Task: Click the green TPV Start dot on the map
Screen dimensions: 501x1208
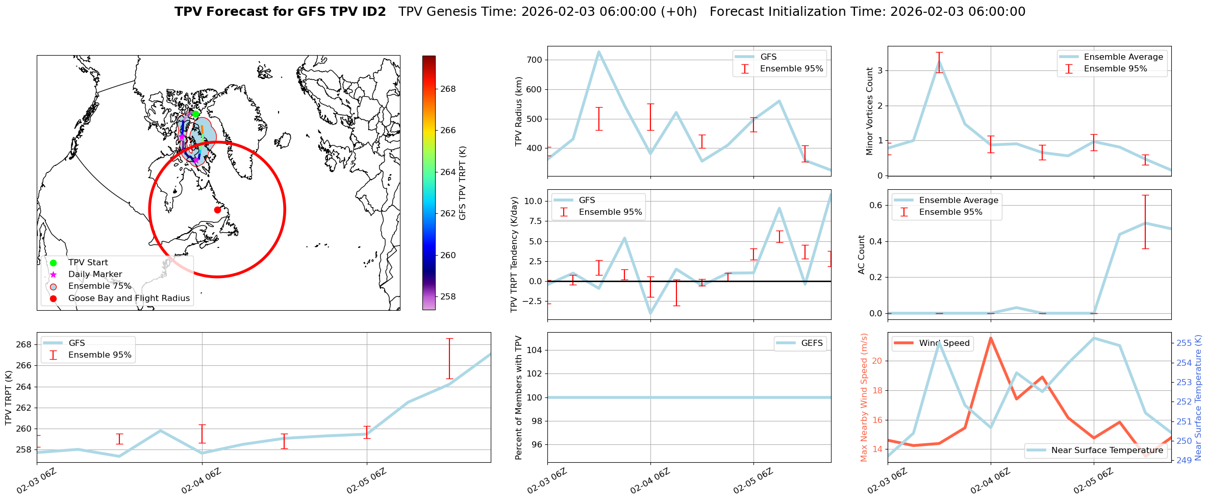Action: tap(195, 114)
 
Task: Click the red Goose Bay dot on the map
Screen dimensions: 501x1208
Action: tap(217, 210)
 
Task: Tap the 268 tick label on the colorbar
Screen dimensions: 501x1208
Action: tap(448, 89)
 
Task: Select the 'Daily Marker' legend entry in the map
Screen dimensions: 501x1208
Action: tap(95, 274)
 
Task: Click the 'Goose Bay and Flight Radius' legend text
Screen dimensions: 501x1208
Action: tap(129, 298)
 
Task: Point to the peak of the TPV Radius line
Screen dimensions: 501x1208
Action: tap(598, 51)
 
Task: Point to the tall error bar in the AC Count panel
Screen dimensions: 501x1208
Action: tap(1145, 222)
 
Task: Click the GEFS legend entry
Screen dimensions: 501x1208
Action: tap(812, 343)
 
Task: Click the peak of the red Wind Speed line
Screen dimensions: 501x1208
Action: tap(991, 338)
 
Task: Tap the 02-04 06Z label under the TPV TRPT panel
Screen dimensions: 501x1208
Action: tap(202, 481)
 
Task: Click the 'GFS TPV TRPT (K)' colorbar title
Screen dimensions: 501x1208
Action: tap(463, 183)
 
